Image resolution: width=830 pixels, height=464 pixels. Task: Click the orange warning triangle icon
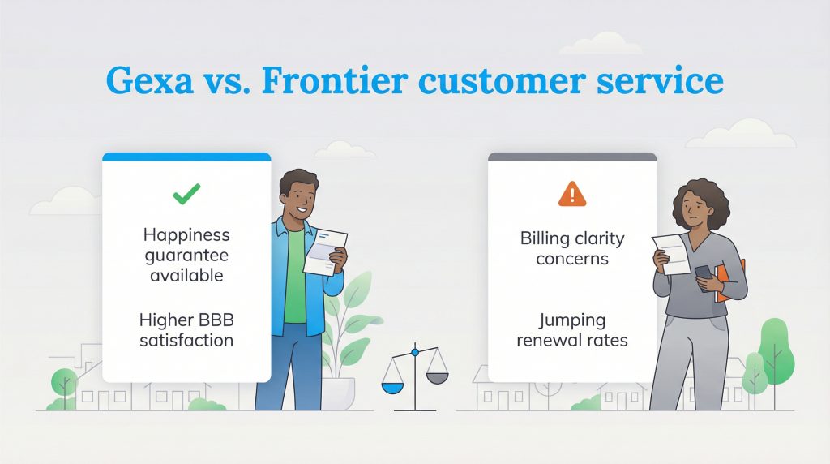pos(571,194)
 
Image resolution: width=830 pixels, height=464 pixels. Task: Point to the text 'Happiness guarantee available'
pos(186,255)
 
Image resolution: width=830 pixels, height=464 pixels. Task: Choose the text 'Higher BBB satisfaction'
pos(186,329)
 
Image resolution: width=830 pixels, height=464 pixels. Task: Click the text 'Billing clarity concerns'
pos(572,248)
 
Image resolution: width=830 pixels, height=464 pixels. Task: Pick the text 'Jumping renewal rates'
pos(572,329)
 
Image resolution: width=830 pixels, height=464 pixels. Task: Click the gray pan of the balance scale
pos(437,378)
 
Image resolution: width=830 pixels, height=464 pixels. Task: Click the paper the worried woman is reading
pos(672,252)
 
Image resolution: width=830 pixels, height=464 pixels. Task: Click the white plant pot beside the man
pos(340,393)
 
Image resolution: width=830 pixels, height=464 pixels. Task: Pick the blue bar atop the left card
pos(186,157)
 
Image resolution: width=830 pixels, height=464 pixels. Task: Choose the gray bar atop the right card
pos(572,157)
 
